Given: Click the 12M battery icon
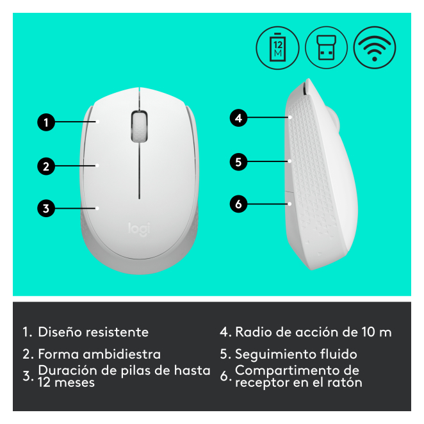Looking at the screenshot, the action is [277, 48].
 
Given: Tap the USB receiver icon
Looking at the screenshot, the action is [327, 48].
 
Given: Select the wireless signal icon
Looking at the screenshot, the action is [375, 48].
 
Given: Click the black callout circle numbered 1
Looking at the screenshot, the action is [46, 122].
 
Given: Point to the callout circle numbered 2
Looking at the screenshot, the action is [46, 166].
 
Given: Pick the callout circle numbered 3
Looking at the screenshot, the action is [46, 208].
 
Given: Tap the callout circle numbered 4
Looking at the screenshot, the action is [238, 118].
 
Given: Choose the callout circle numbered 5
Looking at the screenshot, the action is [238, 161].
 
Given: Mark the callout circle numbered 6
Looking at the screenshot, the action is [238, 204].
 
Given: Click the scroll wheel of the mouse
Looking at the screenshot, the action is [139, 126].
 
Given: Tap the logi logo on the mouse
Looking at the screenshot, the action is [139, 229].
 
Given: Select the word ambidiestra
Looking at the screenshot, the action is [122, 354].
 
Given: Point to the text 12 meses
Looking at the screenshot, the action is [66, 382].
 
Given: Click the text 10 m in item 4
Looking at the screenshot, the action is [377, 332].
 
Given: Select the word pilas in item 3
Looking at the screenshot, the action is [136, 371].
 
